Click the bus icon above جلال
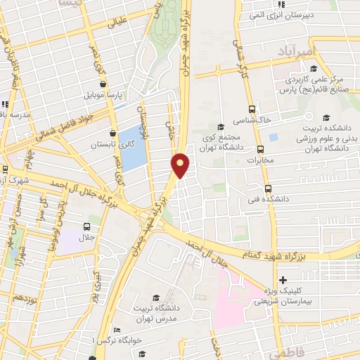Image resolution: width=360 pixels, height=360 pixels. click(x=87, y=226)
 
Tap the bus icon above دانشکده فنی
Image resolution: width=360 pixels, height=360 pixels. click(x=267, y=188)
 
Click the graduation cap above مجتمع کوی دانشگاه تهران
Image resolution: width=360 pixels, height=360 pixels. click(x=221, y=127)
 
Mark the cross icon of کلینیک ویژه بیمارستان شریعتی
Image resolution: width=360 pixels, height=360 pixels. click(x=283, y=280)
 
